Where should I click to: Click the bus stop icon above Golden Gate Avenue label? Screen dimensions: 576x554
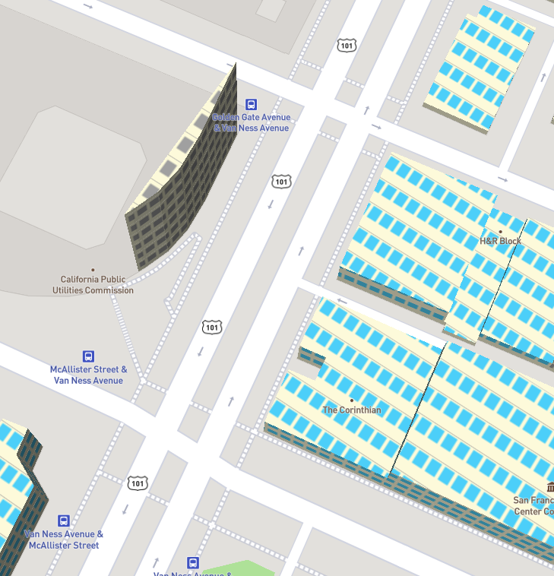tap(251, 105)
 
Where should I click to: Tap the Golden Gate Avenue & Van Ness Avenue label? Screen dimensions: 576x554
tap(251, 122)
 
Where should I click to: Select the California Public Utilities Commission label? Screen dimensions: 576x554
tap(93, 285)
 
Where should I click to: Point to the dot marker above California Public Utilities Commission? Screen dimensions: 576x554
tap(93, 270)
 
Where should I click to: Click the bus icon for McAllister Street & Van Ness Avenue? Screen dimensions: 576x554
tap(88, 356)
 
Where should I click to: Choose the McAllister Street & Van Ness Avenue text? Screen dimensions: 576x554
tap(88, 375)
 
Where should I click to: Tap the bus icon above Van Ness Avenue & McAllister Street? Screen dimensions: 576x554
tap(64, 521)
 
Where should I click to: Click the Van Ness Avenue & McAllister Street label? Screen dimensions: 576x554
tap(64, 540)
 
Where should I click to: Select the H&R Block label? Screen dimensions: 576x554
tap(500, 241)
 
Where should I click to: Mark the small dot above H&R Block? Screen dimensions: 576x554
tap(500, 231)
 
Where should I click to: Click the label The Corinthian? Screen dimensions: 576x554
tap(352, 410)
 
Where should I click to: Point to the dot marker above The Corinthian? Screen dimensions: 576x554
tap(352, 400)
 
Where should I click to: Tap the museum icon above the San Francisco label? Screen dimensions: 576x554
tap(550, 487)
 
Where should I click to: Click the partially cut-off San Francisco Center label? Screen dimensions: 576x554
tap(533, 505)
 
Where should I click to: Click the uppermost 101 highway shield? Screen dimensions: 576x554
tap(347, 46)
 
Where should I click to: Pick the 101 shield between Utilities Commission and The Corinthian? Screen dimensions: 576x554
tap(212, 327)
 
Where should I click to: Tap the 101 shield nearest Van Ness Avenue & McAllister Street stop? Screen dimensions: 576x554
tap(137, 483)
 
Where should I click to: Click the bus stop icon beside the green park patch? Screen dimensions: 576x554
tap(194, 563)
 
